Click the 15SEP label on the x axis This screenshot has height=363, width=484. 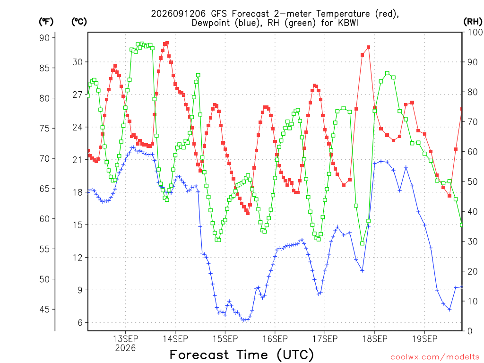[225, 339]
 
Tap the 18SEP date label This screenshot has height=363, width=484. [375, 339]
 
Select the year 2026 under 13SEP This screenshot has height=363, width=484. [125, 348]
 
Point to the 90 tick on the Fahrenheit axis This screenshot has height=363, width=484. [44, 38]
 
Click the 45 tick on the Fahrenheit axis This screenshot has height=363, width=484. [44, 309]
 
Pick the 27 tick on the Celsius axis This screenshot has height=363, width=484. [78, 95]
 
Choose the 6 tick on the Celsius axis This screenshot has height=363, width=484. [80, 322]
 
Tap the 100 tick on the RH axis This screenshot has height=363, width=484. [475, 32]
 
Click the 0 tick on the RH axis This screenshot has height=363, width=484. [470, 331]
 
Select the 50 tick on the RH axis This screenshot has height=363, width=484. [472, 181]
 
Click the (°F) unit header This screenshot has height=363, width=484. [46, 22]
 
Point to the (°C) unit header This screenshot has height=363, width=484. [79, 22]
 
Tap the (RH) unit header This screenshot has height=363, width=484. [473, 22]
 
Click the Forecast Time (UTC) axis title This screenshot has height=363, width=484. [242, 355]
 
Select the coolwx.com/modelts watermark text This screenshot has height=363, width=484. [435, 357]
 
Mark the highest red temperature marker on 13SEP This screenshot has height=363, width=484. [167, 43]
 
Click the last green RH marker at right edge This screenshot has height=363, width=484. [462, 225]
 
